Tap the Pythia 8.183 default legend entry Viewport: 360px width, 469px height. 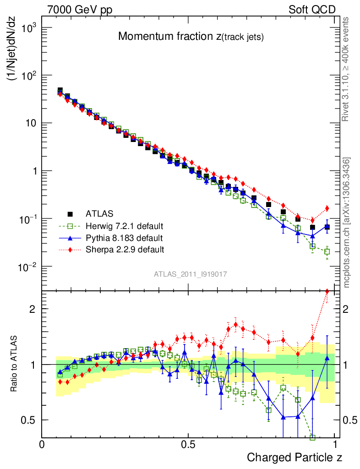pos(124,238)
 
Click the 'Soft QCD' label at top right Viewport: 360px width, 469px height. pos(312,10)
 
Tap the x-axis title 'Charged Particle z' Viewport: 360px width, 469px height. pos(295,457)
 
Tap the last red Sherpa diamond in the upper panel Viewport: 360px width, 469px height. pos(327,208)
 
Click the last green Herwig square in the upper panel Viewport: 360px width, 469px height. pos(327,251)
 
